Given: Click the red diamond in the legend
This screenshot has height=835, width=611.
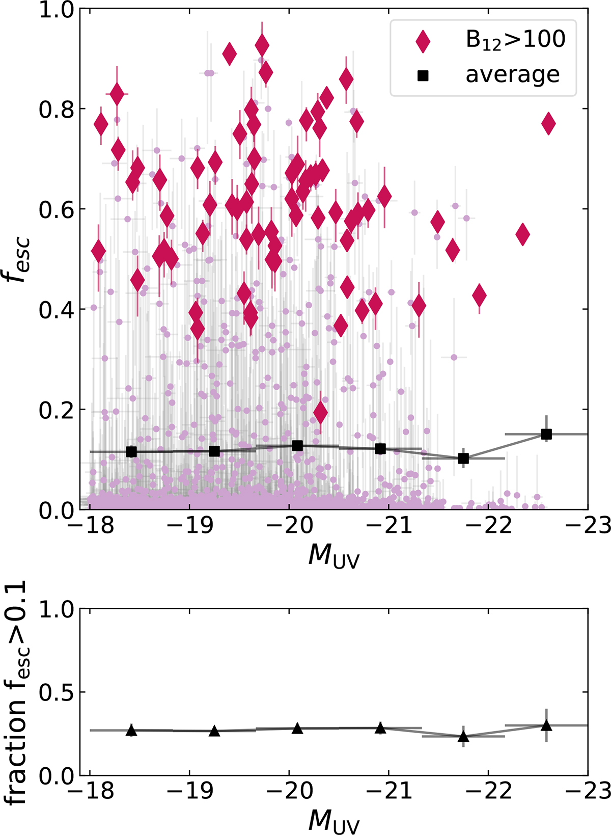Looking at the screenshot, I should (423, 41).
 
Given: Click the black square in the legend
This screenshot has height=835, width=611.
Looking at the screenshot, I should (423, 75).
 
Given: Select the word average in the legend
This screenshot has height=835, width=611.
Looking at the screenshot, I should (512, 75).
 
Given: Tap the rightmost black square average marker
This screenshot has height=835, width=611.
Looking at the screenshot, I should (546, 434).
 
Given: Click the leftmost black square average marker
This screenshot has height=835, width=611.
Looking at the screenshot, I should (131, 451).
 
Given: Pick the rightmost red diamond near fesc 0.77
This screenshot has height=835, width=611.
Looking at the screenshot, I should (548, 123).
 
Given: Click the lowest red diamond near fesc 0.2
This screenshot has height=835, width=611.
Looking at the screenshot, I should (320, 412).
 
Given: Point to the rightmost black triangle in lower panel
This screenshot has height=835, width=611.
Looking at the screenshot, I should (546, 725).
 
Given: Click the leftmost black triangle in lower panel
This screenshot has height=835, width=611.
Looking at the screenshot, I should (131, 731).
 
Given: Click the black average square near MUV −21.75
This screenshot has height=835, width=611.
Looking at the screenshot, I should (463, 459).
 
